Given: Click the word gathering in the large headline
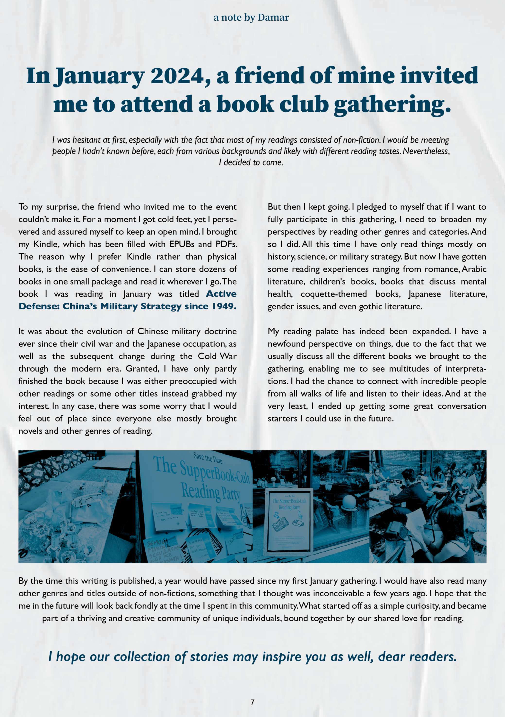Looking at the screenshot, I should click(x=392, y=105).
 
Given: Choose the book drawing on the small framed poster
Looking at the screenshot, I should click(x=280, y=525).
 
